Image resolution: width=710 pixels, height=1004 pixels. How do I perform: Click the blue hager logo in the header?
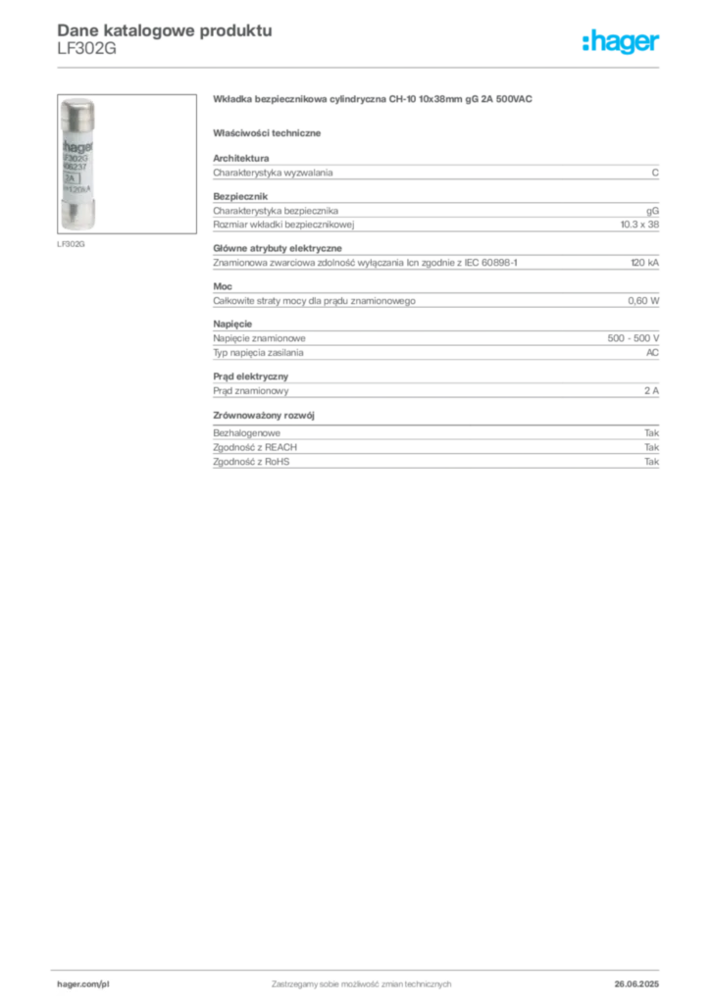[x=623, y=43]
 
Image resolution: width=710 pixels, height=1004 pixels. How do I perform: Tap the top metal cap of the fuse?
[x=76, y=107]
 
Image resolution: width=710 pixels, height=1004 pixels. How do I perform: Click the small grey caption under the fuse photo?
[x=71, y=242]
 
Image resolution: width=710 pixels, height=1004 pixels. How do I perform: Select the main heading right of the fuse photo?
[x=373, y=101]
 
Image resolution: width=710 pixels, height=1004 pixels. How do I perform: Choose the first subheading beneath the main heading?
[x=270, y=131]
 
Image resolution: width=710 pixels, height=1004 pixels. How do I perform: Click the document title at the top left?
[x=163, y=29]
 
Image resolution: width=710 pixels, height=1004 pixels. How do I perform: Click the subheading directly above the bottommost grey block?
[x=267, y=416]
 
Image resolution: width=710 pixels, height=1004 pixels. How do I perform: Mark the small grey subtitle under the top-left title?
[x=85, y=54]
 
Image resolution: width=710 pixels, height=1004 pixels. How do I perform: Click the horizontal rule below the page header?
[x=361, y=66]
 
